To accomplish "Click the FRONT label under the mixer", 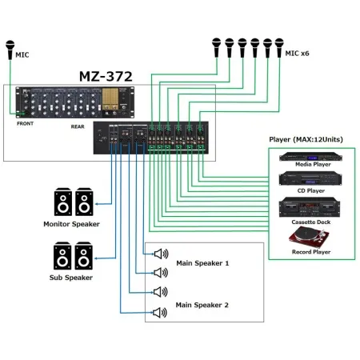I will pos(26,124).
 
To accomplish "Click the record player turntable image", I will pos(307,237).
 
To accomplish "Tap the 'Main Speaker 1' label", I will pos(202,262).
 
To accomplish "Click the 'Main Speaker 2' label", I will pos(202,305).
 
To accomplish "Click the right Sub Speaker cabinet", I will pos(83,257).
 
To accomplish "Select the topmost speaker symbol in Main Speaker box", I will pos(160,254).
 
